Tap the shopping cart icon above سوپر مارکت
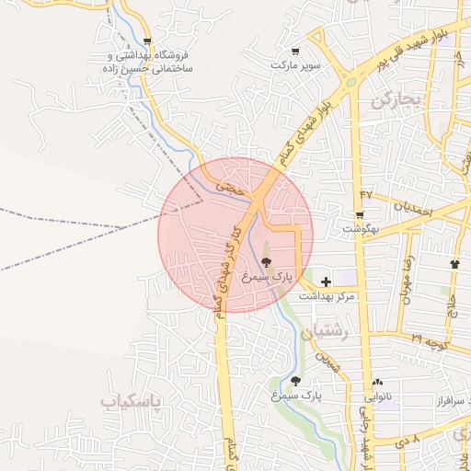(x=294, y=52)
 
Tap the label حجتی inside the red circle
(x=231, y=186)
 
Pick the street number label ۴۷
(x=367, y=194)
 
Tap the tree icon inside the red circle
(x=267, y=262)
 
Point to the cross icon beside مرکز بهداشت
(x=326, y=281)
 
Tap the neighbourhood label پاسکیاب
(x=130, y=402)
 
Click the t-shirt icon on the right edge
(x=455, y=264)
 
